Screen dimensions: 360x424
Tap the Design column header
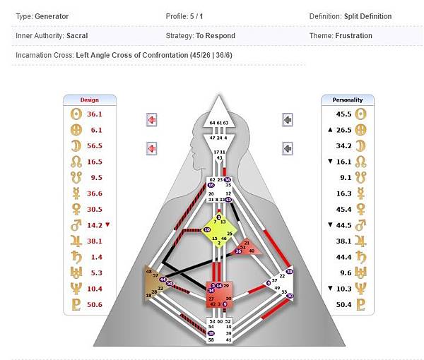pos(90,100)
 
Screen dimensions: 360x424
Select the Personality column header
pos(347,100)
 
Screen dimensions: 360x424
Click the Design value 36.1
pos(95,114)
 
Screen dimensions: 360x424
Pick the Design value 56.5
pos(95,146)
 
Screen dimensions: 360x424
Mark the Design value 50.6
pos(95,304)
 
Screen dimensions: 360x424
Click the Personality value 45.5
pos(344,114)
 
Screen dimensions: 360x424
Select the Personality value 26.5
pos(344,130)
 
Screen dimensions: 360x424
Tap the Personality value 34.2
pos(344,146)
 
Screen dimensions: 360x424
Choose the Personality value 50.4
pos(344,304)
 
